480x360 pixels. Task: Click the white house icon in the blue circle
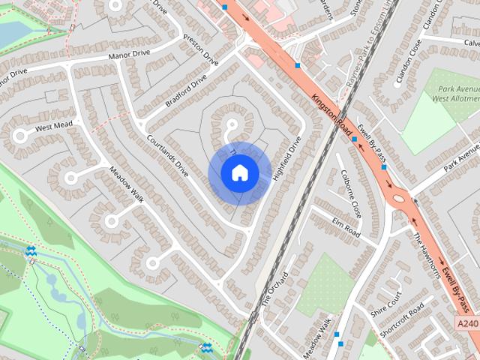[x=239, y=173]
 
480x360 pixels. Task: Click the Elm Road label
[x=346, y=228]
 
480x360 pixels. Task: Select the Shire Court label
[x=387, y=306]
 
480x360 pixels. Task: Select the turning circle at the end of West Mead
[x=19, y=136]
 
